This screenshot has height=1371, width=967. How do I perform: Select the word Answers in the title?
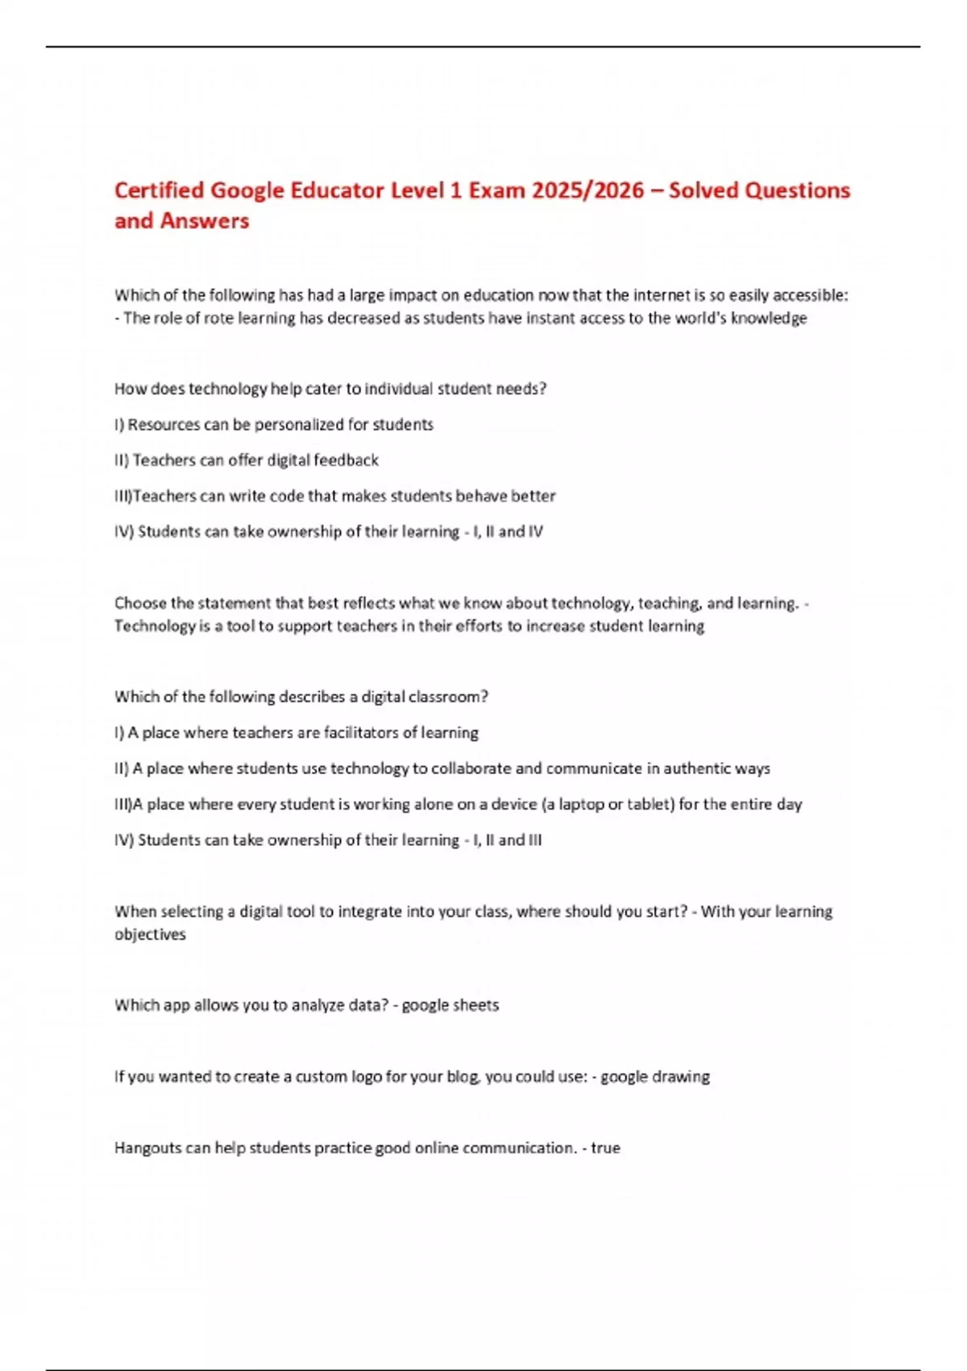coord(204,221)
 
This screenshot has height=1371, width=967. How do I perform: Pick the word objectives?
coord(150,934)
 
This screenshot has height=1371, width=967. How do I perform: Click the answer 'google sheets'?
coord(450,1005)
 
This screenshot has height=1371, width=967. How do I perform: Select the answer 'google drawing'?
coord(655,1077)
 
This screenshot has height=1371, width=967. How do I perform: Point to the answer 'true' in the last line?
coord(605,1148)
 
